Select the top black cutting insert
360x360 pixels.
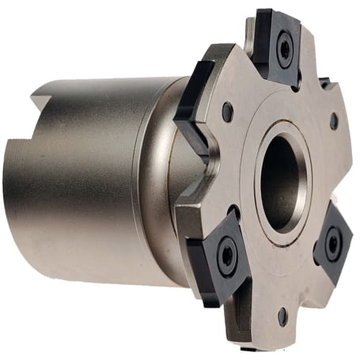[x=279, y=44]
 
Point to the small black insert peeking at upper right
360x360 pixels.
[x=325, y=81]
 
